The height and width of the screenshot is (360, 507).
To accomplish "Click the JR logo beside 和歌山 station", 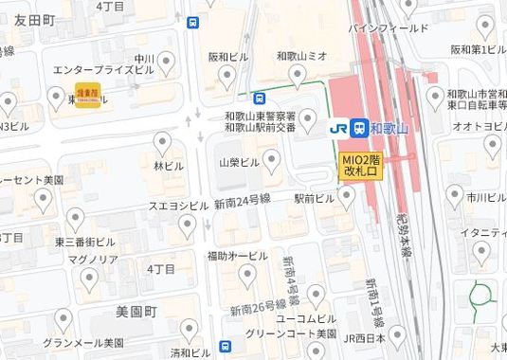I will coord(336,127).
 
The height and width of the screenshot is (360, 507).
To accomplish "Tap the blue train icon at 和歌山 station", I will coord(360,127).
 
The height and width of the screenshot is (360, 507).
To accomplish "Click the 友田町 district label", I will coord(36,20).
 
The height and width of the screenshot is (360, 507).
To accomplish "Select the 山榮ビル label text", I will coord(238,163).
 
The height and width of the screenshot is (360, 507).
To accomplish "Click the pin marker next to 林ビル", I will coord(162,142).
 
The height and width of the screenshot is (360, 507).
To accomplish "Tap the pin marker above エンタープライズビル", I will coord(169,63).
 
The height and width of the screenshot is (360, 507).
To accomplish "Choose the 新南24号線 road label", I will coord(243,201).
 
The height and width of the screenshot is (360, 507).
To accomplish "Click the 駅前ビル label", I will coord(315,199).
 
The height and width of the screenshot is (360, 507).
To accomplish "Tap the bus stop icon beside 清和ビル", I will coord(225,346).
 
